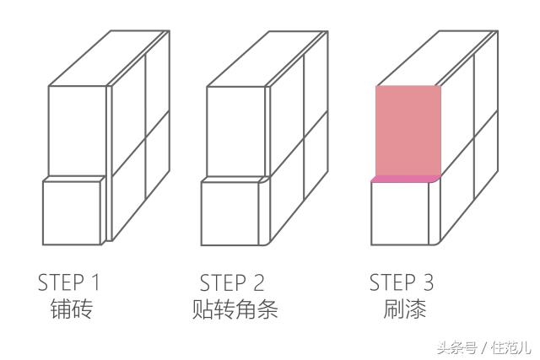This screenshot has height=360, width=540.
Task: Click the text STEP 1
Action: coord(73,282)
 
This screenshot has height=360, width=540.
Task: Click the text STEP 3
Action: coord(402,282)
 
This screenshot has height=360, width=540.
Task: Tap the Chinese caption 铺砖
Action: coord(73,309)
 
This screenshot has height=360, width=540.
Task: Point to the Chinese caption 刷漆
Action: coord(402,309)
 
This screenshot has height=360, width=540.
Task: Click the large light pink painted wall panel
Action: coord(408,131)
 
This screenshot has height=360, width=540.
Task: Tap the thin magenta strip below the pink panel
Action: coord(406,179)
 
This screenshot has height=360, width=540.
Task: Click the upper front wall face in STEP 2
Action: coord(236,131)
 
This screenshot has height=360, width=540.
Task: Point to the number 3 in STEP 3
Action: coord(433,282)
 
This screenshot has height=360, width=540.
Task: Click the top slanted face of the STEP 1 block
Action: coord(110,59)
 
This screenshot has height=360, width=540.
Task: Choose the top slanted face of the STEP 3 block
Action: coord(439,59)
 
